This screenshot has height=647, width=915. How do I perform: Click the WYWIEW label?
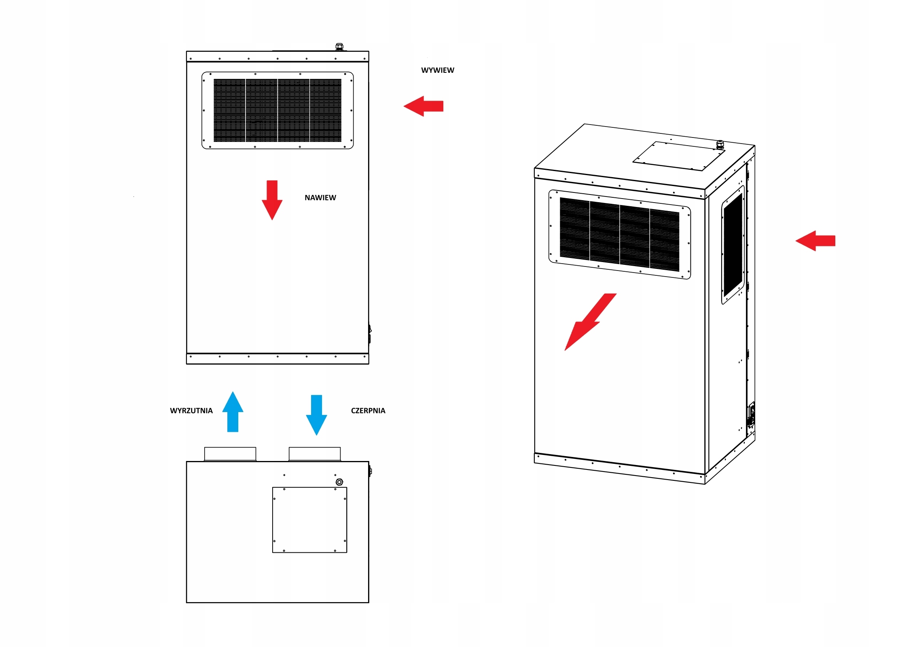pos(437,70)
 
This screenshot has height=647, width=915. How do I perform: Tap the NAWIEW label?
pos(320,198)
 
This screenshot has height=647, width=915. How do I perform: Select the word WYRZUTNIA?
pos(191,411)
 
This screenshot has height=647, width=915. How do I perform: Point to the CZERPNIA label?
pos(368,411)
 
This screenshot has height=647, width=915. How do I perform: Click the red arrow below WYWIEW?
pos(423,106)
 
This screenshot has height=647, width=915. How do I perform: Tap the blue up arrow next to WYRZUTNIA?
pos(233,412)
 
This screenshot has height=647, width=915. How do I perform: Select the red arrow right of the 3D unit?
pos(815,241)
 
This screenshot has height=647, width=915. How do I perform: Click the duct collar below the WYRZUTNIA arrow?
pos(230,454)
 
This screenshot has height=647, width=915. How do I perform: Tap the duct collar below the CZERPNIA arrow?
pos(315,454)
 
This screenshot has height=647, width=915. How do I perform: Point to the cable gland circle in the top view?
pos(339,482)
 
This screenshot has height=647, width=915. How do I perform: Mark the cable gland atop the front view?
pos(339,47)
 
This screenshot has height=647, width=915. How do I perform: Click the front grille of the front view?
pos(277,110)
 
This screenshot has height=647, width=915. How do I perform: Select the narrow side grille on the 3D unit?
pos(733,245)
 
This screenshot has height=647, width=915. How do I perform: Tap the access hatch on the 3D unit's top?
pos(679,156)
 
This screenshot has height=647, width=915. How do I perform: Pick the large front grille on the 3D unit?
pos(619,235)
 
